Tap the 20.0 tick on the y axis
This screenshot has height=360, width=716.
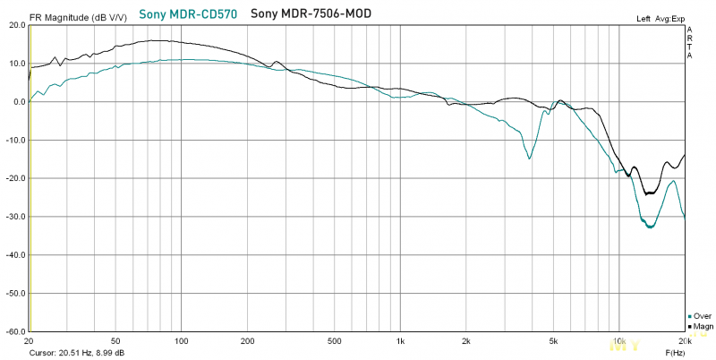click(15, 25)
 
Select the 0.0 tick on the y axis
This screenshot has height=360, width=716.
click(17, 102)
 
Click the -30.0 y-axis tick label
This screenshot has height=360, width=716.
click(14, 217)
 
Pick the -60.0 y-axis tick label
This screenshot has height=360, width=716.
click(14, 331)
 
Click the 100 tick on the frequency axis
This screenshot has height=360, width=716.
click(181, 341)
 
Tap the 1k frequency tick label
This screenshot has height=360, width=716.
click(400, 341)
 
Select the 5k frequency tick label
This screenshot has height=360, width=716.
click(554, 341)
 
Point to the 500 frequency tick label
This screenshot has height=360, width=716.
click(334, 341)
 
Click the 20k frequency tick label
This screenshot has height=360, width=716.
click(685, 341)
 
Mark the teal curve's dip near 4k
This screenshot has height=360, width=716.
click(530, 159)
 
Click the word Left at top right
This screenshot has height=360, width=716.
click(644, 18)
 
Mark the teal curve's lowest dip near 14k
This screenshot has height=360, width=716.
click(650, 227)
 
